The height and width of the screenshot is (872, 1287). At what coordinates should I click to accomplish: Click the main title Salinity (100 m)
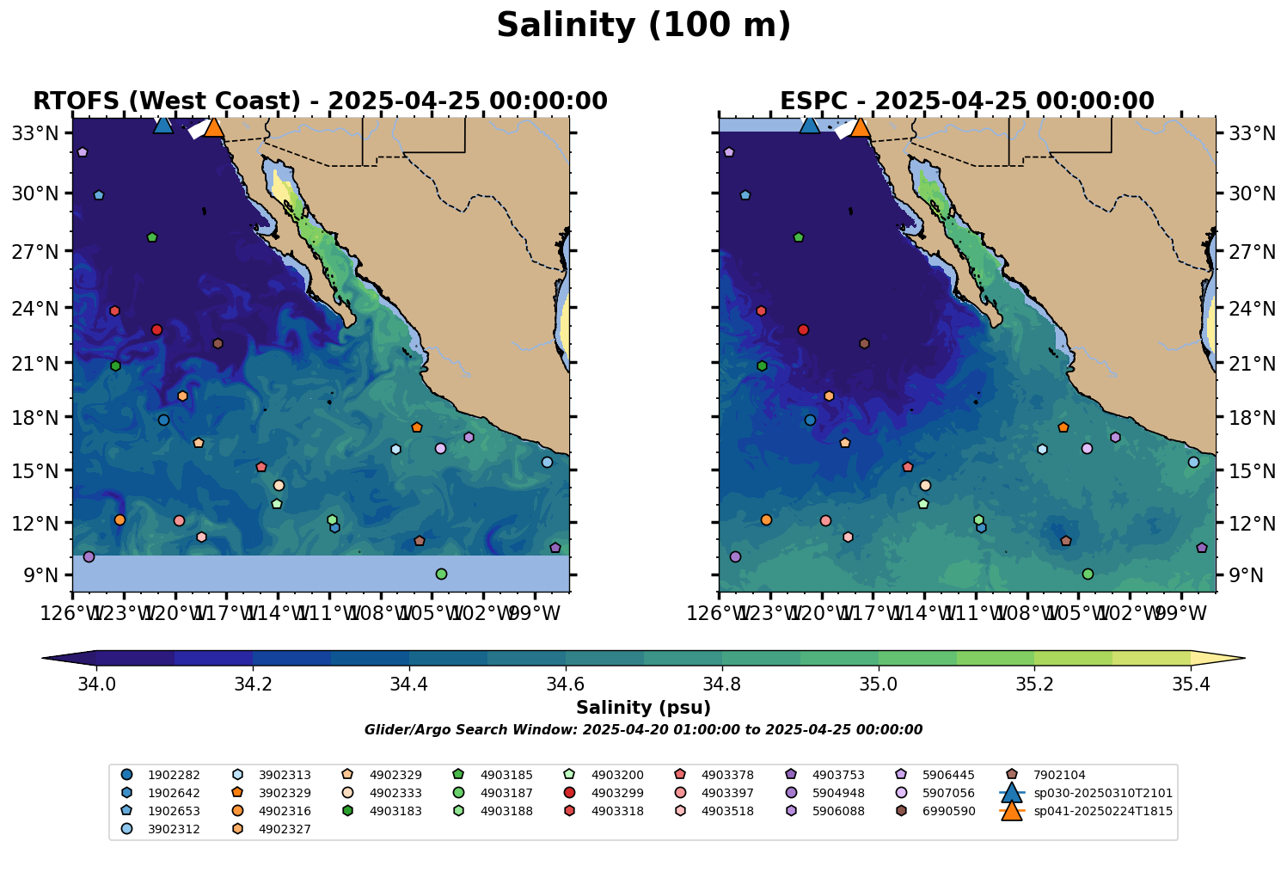pyautogui.click(x=643, y=26)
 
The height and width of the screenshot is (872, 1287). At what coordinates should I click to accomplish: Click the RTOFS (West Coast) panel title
pyautogui.click(x=320, y=101)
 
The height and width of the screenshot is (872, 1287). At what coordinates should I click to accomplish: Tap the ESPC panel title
pyautogui.click(x=966, y=101)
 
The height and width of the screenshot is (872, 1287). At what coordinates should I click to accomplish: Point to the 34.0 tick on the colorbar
pyautogui.click(x=96, y=685)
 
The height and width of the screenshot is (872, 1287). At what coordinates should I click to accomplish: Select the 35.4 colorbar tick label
pyautogui.click(x=1191, y=685)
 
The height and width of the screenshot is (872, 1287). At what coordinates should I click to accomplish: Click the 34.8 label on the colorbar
pyautogui.click(x=722, y=685)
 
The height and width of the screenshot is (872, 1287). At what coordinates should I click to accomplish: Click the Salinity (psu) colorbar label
pyautogui.click(x=643, y=708)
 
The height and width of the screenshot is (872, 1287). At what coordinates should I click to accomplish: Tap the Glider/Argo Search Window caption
pyautogui.click(x=643, y=730)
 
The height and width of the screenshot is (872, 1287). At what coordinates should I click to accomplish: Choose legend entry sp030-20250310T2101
pyautogui.click(x=1102, y=793)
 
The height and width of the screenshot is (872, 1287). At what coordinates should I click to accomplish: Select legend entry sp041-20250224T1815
pyautogui.click(x=1102, y=811)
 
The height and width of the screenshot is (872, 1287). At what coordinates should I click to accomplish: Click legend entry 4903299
pyautogui.click(x=616, y=793)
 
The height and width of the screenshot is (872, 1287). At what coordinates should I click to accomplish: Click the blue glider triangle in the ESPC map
pyautogui.click(x=809, y=125)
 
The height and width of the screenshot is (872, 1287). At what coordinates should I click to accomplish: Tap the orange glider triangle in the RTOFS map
pyautogui.click(x=213, y=128)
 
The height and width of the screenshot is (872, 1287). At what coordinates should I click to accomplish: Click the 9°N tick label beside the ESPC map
pyautogui.click(x=1239, y=575)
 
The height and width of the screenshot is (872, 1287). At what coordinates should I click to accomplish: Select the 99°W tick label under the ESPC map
pyautogui.click(x=1187, y=614)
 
